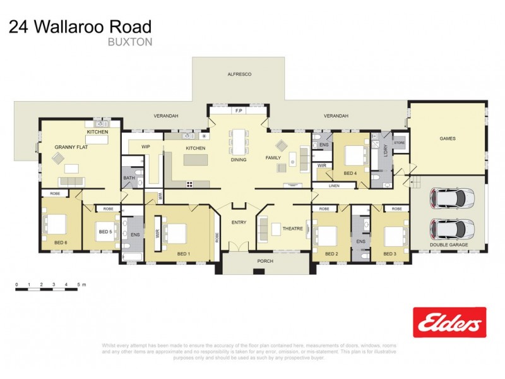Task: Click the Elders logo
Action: (449, 322)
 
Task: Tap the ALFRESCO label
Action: (239, 75)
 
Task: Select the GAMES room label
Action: (447, 138)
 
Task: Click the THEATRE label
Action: (292, 229)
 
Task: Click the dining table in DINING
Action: (239, 142)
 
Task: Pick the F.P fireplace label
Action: (239, 111)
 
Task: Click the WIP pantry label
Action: (145, 147)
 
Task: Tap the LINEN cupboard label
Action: (334, 186)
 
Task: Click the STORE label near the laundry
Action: (399, 143)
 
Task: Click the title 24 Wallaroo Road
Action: (80, 27)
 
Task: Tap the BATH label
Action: (129, 178)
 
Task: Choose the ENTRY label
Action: (239, 222)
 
